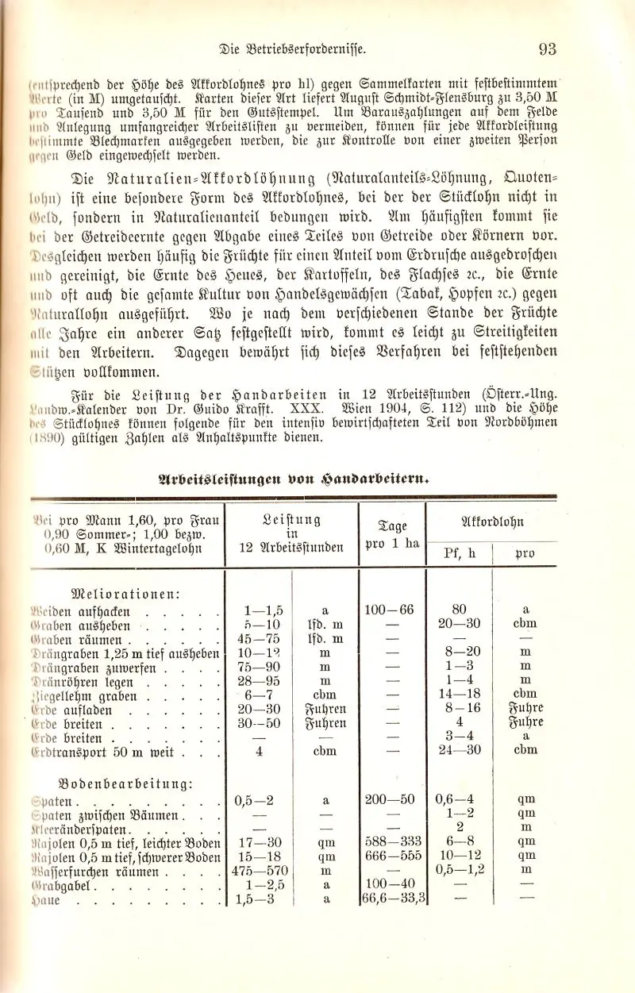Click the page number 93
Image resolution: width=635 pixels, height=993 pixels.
tap(548, 49)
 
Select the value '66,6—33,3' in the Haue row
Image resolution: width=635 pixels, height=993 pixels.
tap(394, 899)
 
